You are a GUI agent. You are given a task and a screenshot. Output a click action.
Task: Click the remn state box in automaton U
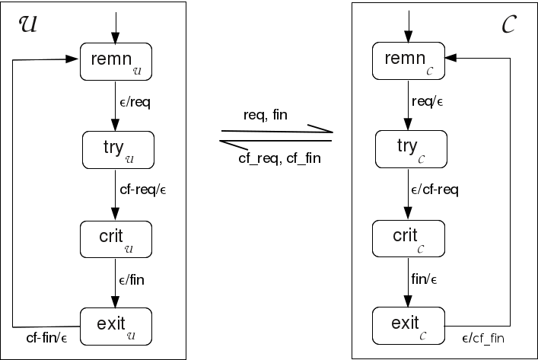[116, 62]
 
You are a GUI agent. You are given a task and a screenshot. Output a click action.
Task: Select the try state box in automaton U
[117, 150]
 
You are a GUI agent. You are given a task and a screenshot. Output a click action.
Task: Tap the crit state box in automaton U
[116, 238]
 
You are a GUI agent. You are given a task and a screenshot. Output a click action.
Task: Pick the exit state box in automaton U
[116, 325]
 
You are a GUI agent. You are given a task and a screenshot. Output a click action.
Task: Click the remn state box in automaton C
[408, 61]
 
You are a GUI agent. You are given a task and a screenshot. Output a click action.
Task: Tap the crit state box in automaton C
[409, 238]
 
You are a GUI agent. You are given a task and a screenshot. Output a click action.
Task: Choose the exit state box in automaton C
[409, 325]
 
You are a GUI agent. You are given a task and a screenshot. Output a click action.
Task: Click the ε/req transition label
[136, 104]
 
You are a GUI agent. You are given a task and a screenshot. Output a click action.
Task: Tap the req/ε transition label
[427, 101]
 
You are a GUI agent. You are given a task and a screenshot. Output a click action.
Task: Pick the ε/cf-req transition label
[435, 190]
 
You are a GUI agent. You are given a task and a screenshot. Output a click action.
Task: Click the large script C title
[511, 26]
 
